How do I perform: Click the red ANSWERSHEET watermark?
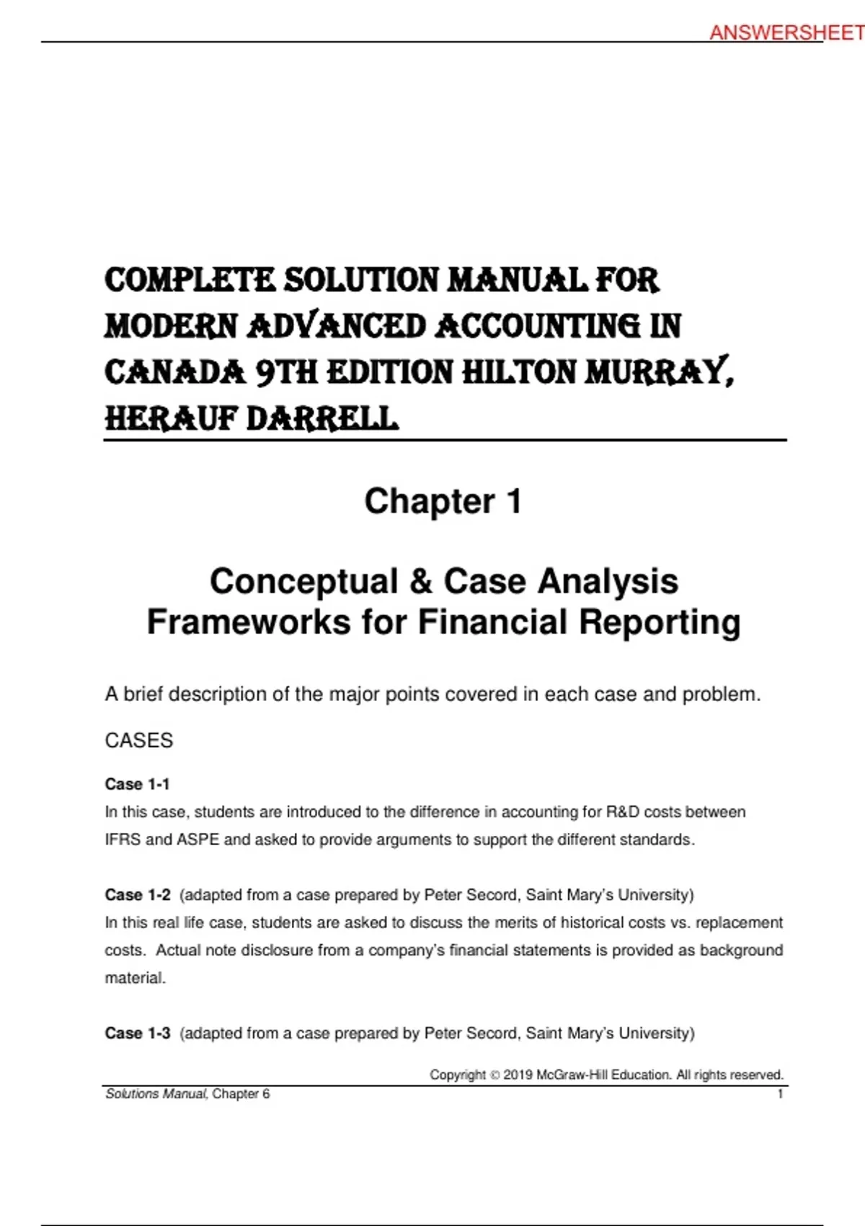tap(786, 32)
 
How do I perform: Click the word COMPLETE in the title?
tap(190, 280)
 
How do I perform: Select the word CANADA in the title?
tap(175, 373)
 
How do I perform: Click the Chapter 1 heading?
tap(443, 501)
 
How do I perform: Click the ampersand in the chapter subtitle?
tap(420, 581)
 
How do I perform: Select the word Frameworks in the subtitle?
tap(249, 622)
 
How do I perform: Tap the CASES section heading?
tap(139, 741)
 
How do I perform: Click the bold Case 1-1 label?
tap(137, 784)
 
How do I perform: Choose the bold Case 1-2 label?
tap(138, 895)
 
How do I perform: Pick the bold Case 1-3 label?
tap(138, 1033)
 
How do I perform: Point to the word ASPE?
tap(198, 839)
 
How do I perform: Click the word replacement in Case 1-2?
tap(739, 922)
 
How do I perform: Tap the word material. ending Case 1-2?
tap(136, 978)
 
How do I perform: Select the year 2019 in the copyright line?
tap(518, 1075)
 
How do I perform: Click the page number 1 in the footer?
tap(780, 1094)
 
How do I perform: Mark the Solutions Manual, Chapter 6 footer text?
tap(187, 1094)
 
